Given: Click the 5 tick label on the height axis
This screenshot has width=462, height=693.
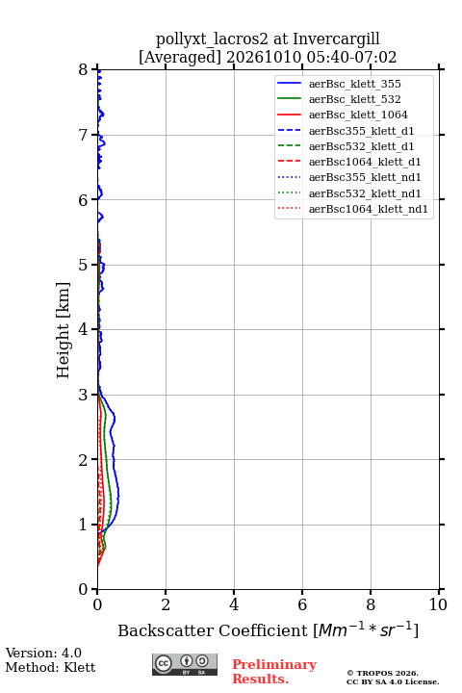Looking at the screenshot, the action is [x=84, y=265].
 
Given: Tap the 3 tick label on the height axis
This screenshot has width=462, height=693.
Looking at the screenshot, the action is [x=84, y=395].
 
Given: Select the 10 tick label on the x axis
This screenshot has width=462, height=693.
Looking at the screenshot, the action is [x=438, y=604].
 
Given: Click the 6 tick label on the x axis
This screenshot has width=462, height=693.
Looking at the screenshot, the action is [x=302, y=604].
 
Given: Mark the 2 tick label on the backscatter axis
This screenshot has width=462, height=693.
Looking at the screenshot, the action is [x=166, y=604].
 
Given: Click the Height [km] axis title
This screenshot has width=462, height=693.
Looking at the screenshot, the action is [x=64, y=330].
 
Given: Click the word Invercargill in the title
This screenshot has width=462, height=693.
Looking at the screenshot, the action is [x=336, y=39].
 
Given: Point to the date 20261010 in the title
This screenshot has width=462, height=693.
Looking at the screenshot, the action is [x=264, y=58].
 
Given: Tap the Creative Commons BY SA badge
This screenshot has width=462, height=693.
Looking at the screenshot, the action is [x=185, y=664].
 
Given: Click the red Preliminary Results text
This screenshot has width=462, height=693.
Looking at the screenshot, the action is [x=274, y=672].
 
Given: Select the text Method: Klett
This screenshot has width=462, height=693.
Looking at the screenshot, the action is [x=50, y=667].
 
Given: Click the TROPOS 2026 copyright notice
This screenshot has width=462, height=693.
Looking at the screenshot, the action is [x=383, y=673].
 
